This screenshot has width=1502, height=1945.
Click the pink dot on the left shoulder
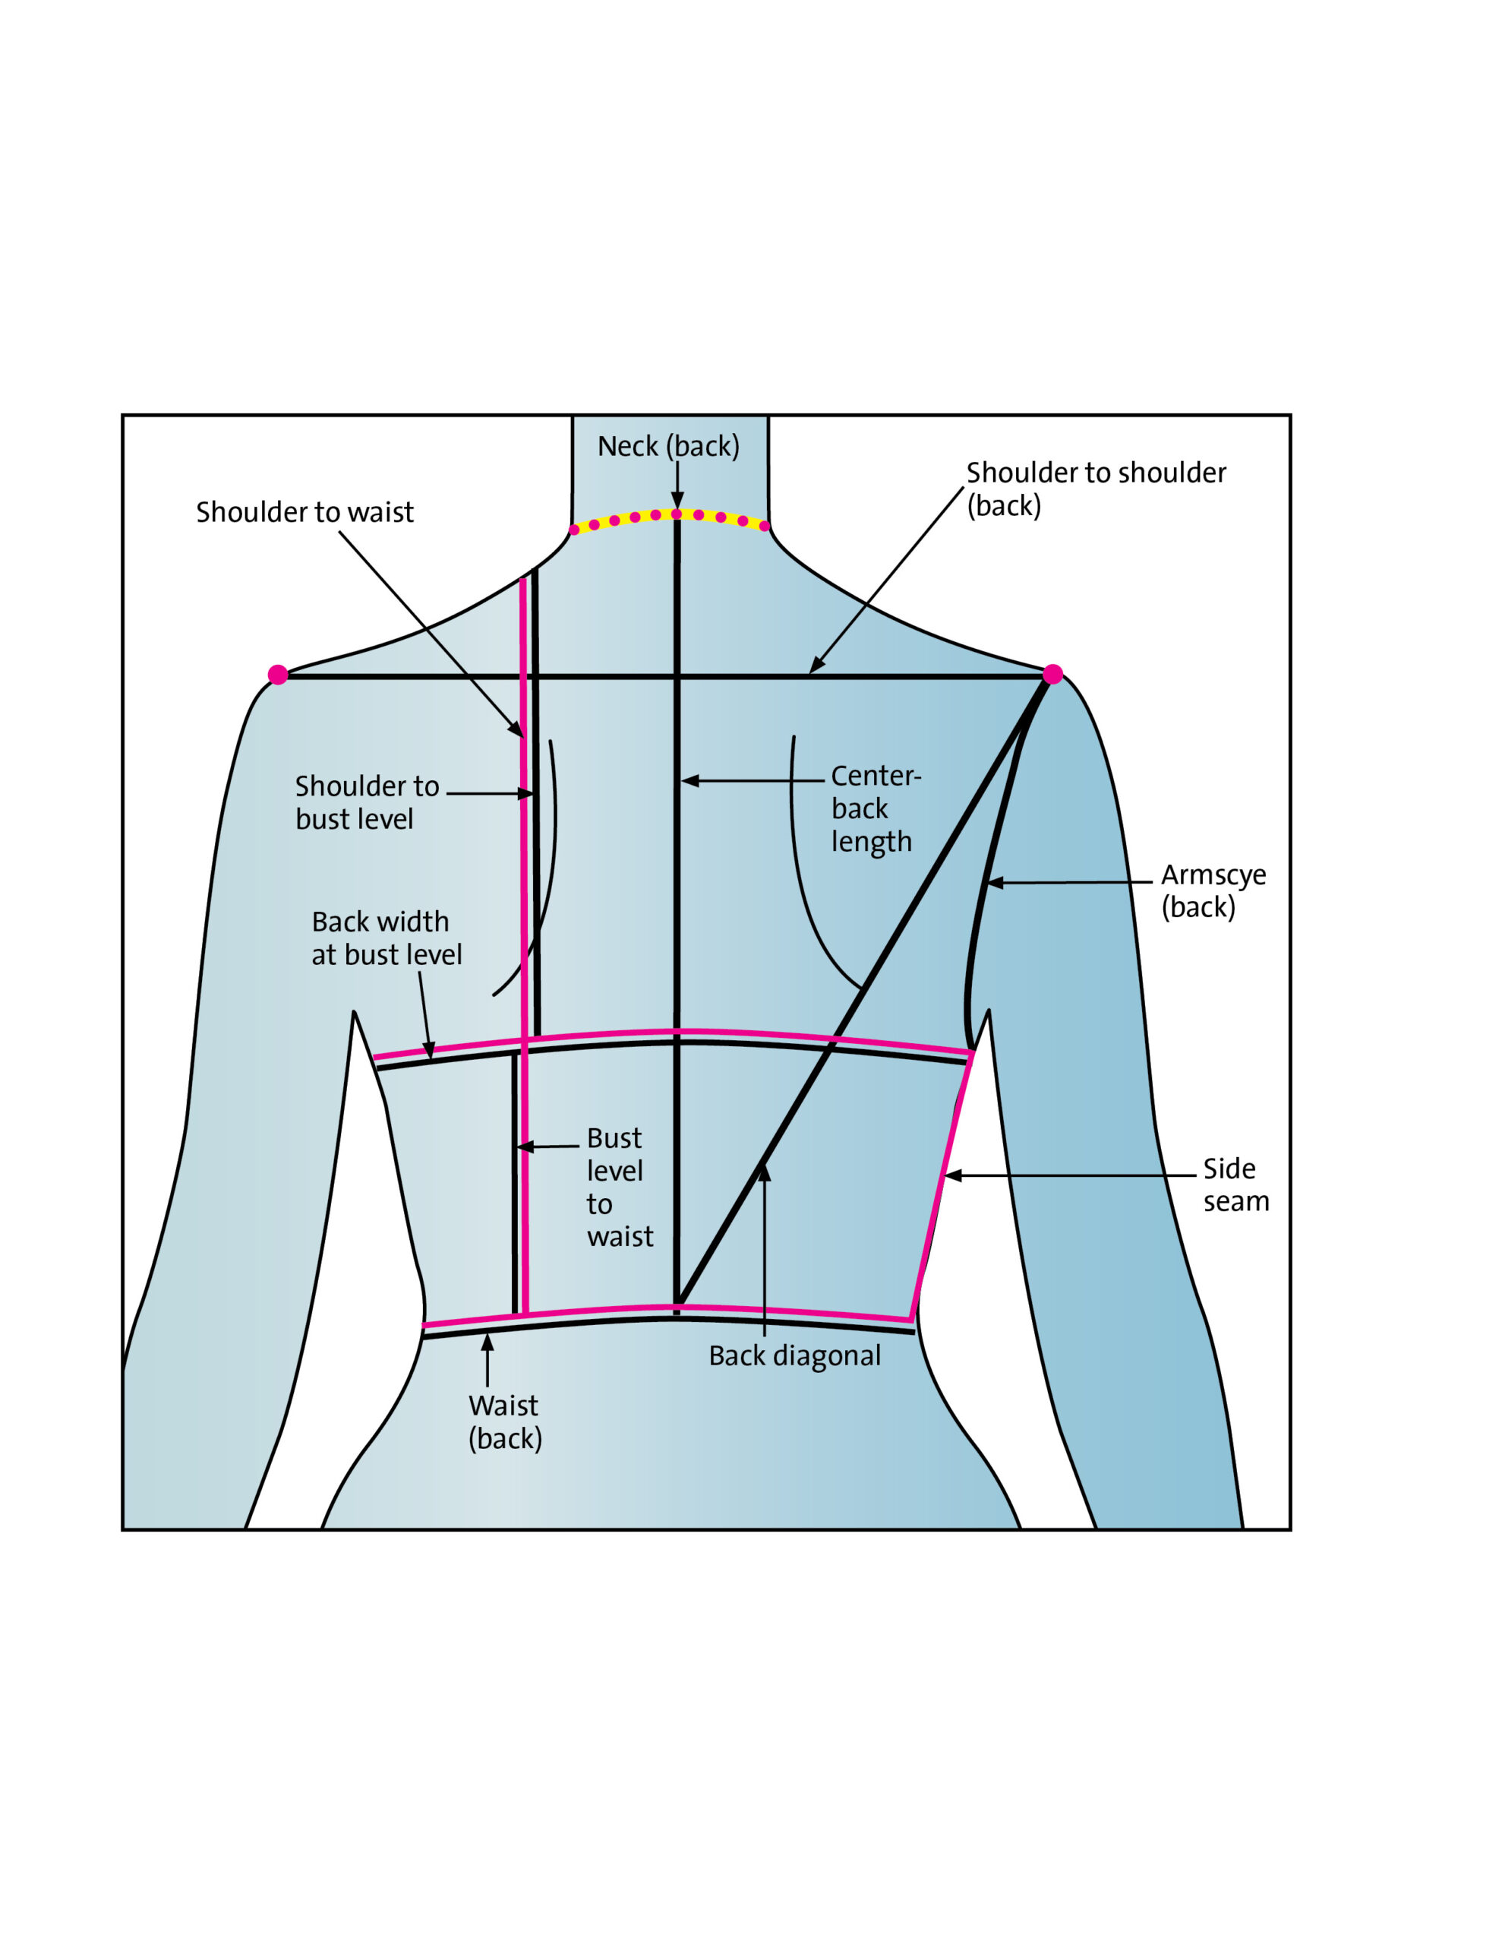coord(278,674)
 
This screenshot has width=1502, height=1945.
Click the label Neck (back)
coord(667,446)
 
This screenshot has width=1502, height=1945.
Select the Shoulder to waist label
coord(305,512)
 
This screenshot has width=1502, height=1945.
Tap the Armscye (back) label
coord(1213,890)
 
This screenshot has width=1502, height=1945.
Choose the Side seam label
coord(1235,1184)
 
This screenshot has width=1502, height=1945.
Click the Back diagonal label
coord(794,1355)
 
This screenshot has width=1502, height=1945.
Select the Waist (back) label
coord(504,1422)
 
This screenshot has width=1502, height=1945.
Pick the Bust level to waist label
coord(618,1187)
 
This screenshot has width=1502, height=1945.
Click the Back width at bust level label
coord(386,938)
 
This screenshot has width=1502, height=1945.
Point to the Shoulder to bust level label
coord(366,802)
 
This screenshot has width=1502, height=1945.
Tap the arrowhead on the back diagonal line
coord(764,1172)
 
